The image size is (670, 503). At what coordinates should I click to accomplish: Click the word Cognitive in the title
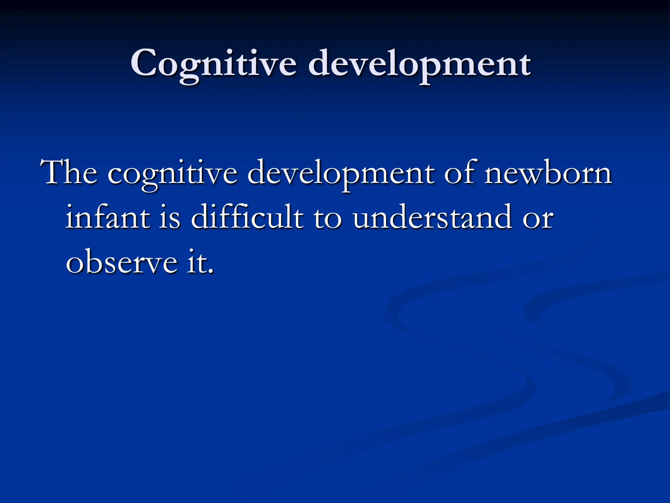[213, 64]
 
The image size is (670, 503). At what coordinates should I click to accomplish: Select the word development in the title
[419, 64]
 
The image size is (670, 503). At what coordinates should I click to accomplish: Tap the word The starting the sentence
[69, 173]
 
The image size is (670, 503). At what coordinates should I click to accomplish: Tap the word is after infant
[170, 217]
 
